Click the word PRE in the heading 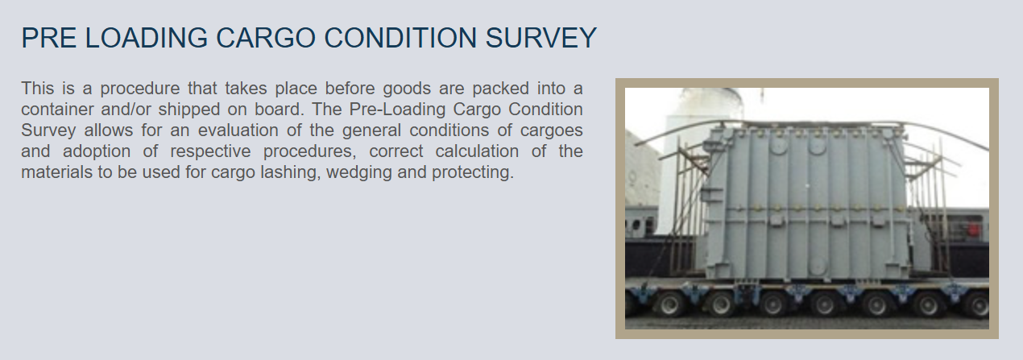(48, 38)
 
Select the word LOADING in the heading (146, 38)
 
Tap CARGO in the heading (265, 38)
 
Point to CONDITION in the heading (400, 38)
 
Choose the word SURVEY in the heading (540, 38)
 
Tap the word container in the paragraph (56, 110)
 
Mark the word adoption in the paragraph (97, 151)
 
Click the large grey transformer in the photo (806, 203)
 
